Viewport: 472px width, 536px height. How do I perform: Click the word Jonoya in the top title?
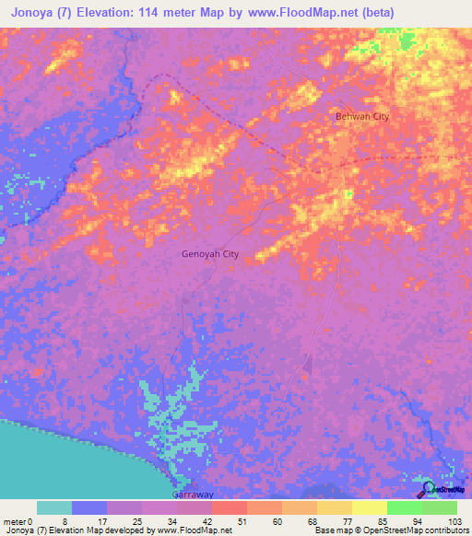(x=31, y=13)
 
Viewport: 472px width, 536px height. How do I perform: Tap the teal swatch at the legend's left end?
(x=53, y=507)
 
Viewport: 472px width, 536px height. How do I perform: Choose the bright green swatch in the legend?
(x=404, y=507)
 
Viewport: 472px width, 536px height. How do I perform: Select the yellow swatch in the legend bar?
(x=369, y=507)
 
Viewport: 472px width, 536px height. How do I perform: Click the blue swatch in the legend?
(x=88, y=507)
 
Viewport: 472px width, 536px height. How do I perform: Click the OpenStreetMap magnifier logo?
(x=428, y=488)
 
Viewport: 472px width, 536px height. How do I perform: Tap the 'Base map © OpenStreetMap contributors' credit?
(x=390, y=530)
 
